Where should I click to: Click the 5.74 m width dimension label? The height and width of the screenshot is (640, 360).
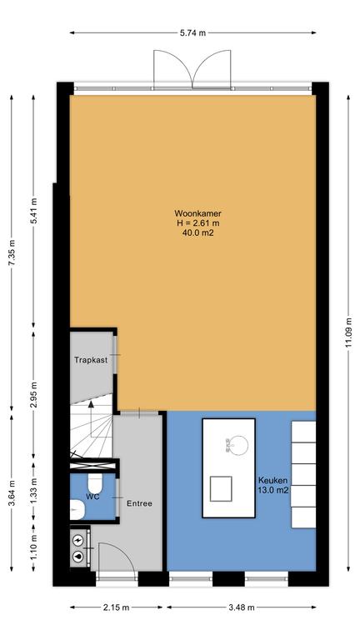point(192,33)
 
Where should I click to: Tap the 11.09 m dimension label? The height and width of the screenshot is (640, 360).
point(348,332)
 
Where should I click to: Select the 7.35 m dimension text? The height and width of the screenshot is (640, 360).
point(12,253)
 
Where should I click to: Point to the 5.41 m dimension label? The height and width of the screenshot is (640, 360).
point(34,211)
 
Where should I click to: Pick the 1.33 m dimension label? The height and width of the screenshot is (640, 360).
point(34,492)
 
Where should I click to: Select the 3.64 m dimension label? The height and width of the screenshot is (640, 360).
point(12,493)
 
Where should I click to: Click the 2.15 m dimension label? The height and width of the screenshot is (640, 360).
point(116,607)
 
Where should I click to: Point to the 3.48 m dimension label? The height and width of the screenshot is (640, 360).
point(241,607)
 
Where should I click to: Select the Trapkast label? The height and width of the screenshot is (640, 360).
point(91,360)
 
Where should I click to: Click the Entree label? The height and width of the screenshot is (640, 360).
point(139,503)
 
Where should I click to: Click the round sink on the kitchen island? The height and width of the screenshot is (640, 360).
point(237,446)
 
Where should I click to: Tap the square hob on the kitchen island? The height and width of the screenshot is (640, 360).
point(221,488)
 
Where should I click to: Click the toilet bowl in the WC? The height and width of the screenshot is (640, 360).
point(95,482)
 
